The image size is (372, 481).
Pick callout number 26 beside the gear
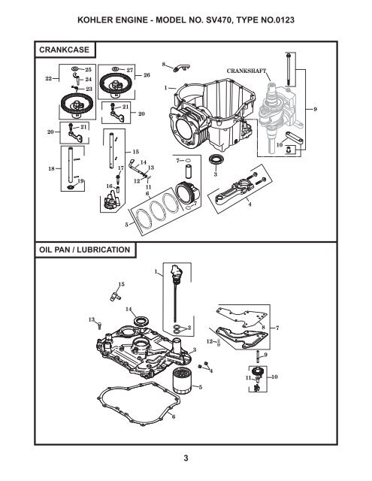[x=147, y=76]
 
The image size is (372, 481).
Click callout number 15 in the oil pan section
[x=121, y=283]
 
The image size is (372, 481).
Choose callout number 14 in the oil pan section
[x=129, y=309]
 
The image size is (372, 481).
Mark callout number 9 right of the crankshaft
[x=316, y=110]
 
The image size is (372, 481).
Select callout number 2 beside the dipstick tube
[x=190, y=328]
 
